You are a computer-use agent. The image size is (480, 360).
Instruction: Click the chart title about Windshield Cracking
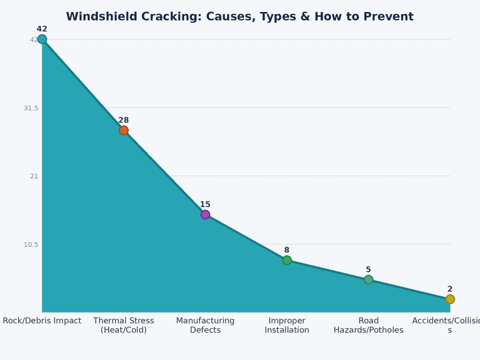click(239, 17)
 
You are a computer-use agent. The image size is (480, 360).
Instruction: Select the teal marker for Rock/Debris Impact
click(42, 40)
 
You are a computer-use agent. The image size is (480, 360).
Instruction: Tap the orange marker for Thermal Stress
click(124, 130)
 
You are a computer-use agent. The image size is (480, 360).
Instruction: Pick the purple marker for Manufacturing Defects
click(205, 215)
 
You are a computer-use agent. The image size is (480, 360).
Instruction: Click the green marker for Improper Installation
click(287, 260)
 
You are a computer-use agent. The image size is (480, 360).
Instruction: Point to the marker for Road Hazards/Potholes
click(368, 280)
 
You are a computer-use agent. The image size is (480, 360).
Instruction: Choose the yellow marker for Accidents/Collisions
click(450, 299)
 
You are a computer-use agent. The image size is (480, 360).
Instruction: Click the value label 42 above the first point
click(42, 29)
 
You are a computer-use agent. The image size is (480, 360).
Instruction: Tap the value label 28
click(124, 120)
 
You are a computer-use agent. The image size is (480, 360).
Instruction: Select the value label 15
click(205, 205)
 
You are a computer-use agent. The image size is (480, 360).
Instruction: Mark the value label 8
click(287, 250)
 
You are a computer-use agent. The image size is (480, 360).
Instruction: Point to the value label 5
click(368, 269)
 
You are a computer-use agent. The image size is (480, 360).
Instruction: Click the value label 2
click(450, 289)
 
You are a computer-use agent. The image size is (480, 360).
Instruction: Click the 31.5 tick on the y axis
click(31, 108)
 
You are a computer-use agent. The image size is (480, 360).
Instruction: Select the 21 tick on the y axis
click(34, 176)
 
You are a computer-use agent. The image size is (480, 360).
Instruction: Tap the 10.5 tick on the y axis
click(31, 245)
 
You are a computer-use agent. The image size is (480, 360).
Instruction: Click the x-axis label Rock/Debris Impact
click(42, 321)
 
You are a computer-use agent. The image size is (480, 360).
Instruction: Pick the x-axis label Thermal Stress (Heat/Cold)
click(124, 325)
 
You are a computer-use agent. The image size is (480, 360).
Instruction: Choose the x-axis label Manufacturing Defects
click(205, 325)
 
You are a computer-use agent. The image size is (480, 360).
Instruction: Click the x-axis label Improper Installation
click(287, 325)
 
